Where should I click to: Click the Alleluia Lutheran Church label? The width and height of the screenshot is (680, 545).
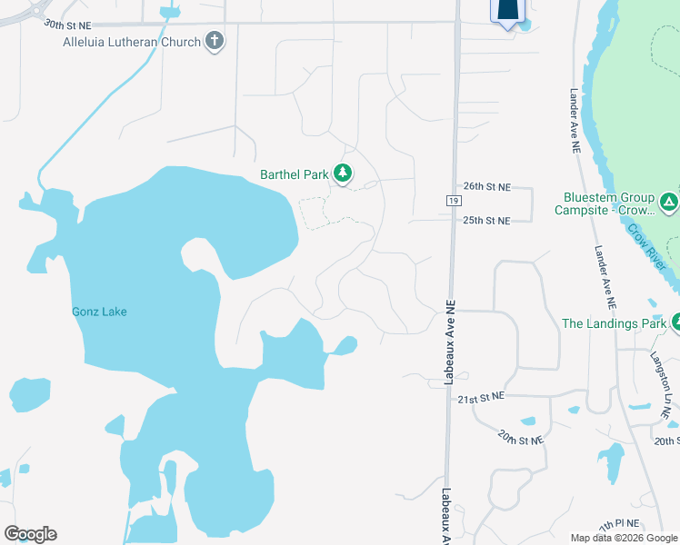[131, 42]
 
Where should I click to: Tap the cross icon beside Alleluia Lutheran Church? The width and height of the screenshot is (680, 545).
[215, 40]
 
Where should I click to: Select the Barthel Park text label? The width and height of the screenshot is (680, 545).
[294, 174]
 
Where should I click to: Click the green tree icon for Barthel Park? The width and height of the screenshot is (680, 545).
[343, 173]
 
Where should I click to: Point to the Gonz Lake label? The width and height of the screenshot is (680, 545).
[99, 312]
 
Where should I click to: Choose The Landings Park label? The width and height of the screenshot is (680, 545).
[614, 323]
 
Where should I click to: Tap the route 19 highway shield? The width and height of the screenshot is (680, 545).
[453, 199]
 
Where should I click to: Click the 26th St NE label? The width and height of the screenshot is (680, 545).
[487, 186]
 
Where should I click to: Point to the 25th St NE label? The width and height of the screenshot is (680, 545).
[487, 220]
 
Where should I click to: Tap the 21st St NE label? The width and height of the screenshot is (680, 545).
[480, 399]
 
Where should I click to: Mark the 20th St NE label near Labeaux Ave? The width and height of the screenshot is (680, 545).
[519, 439]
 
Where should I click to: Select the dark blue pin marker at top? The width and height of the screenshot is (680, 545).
[508, 11]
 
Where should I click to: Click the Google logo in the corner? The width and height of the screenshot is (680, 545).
[30, 534]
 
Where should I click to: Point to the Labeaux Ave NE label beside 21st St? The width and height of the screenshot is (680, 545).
[447, 344]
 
